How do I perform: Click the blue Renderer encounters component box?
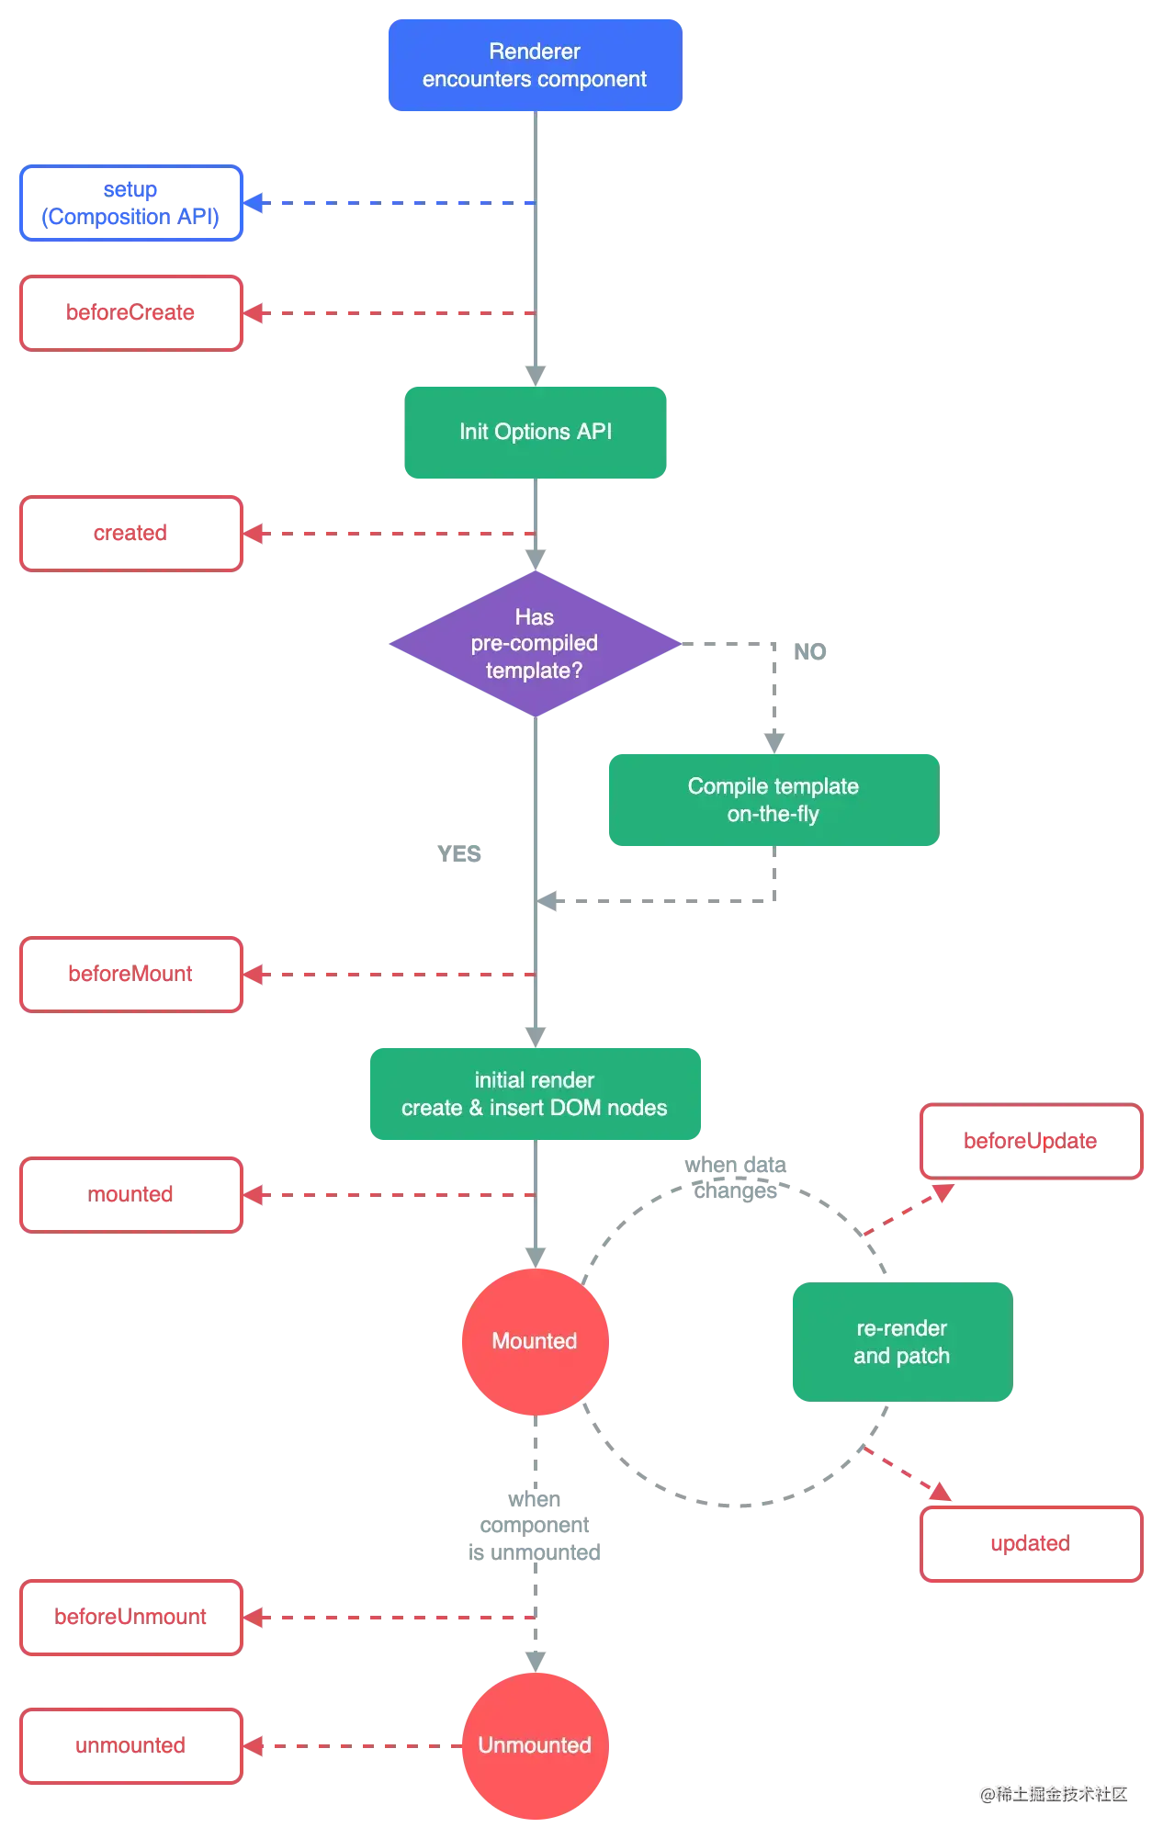pyautogui.click(x=534, y=65)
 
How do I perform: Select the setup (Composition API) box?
pyautogui.click(x=130, y=203)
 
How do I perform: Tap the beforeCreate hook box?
pyautogui.click(x=130, y=312)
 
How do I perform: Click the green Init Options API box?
pyautogui.click(x=536, y=432)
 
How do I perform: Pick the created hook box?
pyautogui.click(x=130, y=533)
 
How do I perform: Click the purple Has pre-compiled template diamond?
pyautogui.click(x=534, y=644)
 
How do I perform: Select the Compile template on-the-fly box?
pyautogui.click(x=773, y=799)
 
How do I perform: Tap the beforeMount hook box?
pyautogui.click(x=130, y=974)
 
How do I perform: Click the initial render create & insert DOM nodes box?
pyautogui.click(x=535, y=1094)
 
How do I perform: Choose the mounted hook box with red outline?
pyautogui.click(x=130, y=1194)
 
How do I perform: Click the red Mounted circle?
pyautogui.click(x=534, y=1341)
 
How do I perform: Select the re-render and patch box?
pyautogui.click(x=901, y=1341)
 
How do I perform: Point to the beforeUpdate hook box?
pyautogui.click(x=1032, y=1142)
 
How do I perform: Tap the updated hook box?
pyautogui.click(x=1032, y=1543)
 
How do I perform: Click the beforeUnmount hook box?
pyautogui.click(x=130, y=1617)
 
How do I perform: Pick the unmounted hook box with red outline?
pyautogui.click(x=130, y=1745)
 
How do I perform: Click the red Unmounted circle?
pyautogui.click(x=534, y=1745)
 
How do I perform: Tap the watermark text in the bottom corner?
pyautogui.click(x=1054, y=1792)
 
